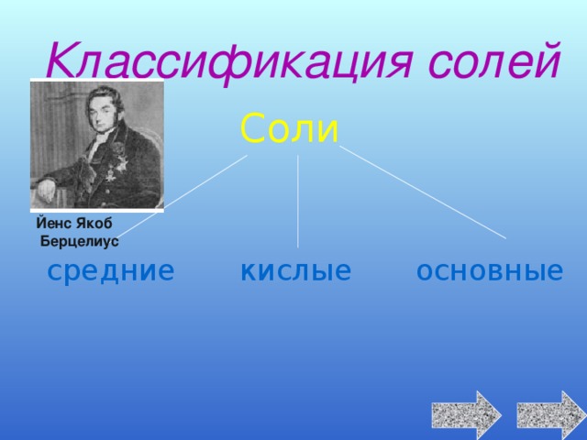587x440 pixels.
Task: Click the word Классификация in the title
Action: (229, 61)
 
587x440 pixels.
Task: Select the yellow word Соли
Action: (290, 128)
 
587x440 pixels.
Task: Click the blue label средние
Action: (111, 271)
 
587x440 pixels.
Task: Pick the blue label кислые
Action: (295, 270)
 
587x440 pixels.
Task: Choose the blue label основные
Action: (490, 270)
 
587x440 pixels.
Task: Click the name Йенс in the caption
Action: (53, 223)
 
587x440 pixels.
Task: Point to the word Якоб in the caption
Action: (94, 224)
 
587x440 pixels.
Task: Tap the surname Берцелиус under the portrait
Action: (80, 241)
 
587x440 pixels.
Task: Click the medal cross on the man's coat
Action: (110, 175)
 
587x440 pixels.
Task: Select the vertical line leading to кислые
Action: (298, 202)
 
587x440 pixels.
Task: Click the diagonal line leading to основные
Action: (423, 192)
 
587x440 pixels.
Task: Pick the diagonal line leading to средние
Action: (182, 195)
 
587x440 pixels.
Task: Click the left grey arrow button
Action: (467, 415)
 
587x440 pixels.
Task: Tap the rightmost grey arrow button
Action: (552, 415)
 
